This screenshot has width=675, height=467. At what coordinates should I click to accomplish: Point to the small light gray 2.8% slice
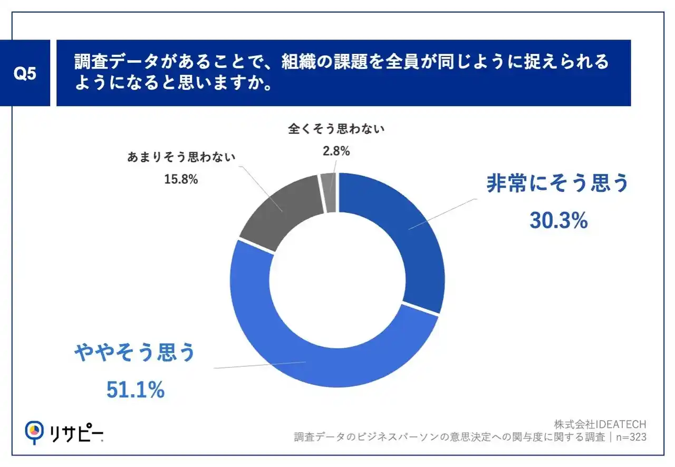pyautogui.click(x=329, y=192)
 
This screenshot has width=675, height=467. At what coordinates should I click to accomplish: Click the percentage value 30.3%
pyautogui.click(x=558, y=222)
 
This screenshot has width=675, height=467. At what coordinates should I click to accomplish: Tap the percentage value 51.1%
pyautogui.click(x=136, y=390)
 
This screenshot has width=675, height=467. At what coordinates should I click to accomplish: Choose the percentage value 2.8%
pyautogui.click(x=336, y=151)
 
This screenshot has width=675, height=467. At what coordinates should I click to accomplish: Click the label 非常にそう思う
pyautogui.click(x=558, y=184)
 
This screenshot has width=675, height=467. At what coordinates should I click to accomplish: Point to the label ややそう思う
pyautogui.click(x=136, y=353)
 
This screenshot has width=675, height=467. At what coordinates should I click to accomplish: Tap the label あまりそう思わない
pyautogui.click(x=181, y=157)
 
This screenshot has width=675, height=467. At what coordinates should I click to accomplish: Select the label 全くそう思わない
pyautogui.click(x=336, y=129)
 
